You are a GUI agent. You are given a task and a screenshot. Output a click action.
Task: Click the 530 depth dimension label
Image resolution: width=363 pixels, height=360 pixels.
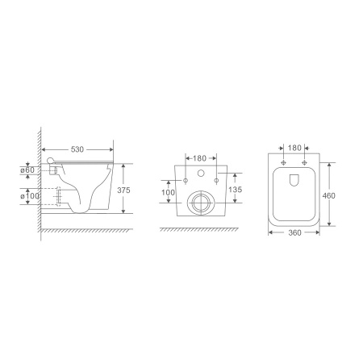coord(77,149)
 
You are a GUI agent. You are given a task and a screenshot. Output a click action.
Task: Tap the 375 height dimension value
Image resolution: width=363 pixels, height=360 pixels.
coord(123,190)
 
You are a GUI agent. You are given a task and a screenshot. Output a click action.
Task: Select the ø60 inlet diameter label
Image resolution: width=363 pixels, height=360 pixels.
coord(27,170)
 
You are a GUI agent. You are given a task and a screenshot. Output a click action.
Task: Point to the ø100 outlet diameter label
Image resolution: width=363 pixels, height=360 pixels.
coord(30,196)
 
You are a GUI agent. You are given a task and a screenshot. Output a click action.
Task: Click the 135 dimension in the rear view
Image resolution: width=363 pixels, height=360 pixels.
coord(236,190)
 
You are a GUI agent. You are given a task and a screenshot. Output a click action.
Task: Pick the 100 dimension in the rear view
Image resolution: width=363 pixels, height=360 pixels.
coord(168,192)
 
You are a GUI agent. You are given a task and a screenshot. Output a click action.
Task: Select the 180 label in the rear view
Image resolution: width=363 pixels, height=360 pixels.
coord(199,158)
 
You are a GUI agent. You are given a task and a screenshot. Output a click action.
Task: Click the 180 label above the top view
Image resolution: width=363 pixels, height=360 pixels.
coord(294,148)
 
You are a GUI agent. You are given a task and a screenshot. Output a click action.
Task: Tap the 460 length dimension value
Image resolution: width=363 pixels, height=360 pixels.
coord(328,195)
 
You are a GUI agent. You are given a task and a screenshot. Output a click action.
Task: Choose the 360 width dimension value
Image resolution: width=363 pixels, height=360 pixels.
coord(294,232)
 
